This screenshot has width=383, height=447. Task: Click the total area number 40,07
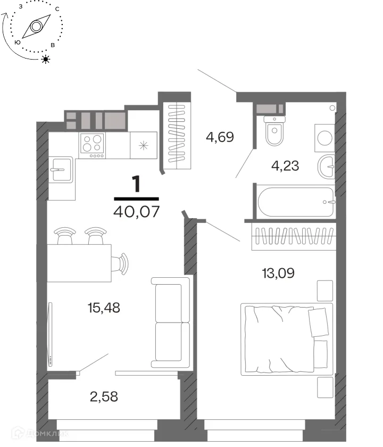(x=136, y=212)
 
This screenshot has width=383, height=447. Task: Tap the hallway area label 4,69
(x=220, y=137)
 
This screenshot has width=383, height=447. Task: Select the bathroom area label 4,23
(x=285, y=165)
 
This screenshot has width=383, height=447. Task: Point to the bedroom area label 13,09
(x=278, y=273)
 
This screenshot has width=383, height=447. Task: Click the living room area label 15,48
(x=104, y=308)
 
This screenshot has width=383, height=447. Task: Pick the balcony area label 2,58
(x=104, y=396)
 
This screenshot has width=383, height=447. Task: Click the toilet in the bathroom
(x=274, y=131)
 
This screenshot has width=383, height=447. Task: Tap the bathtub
(x=296, y=202)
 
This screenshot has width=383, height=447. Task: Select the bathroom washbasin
(x=326, y=167)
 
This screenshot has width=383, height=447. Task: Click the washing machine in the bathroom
(x=324, y=138)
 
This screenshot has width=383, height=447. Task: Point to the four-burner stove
(x=93, y=145)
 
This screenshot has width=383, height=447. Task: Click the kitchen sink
(x=61, y=170)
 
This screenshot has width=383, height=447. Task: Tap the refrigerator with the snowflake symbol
(x=143, y=145)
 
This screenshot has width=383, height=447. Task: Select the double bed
(x=287, y=340)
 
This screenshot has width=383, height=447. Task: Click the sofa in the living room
(x=170, y=322)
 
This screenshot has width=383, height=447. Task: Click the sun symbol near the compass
(x=46, y=59)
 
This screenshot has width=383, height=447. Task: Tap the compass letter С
(x=57, y=9)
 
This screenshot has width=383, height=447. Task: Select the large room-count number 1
(x=137, y=184)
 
